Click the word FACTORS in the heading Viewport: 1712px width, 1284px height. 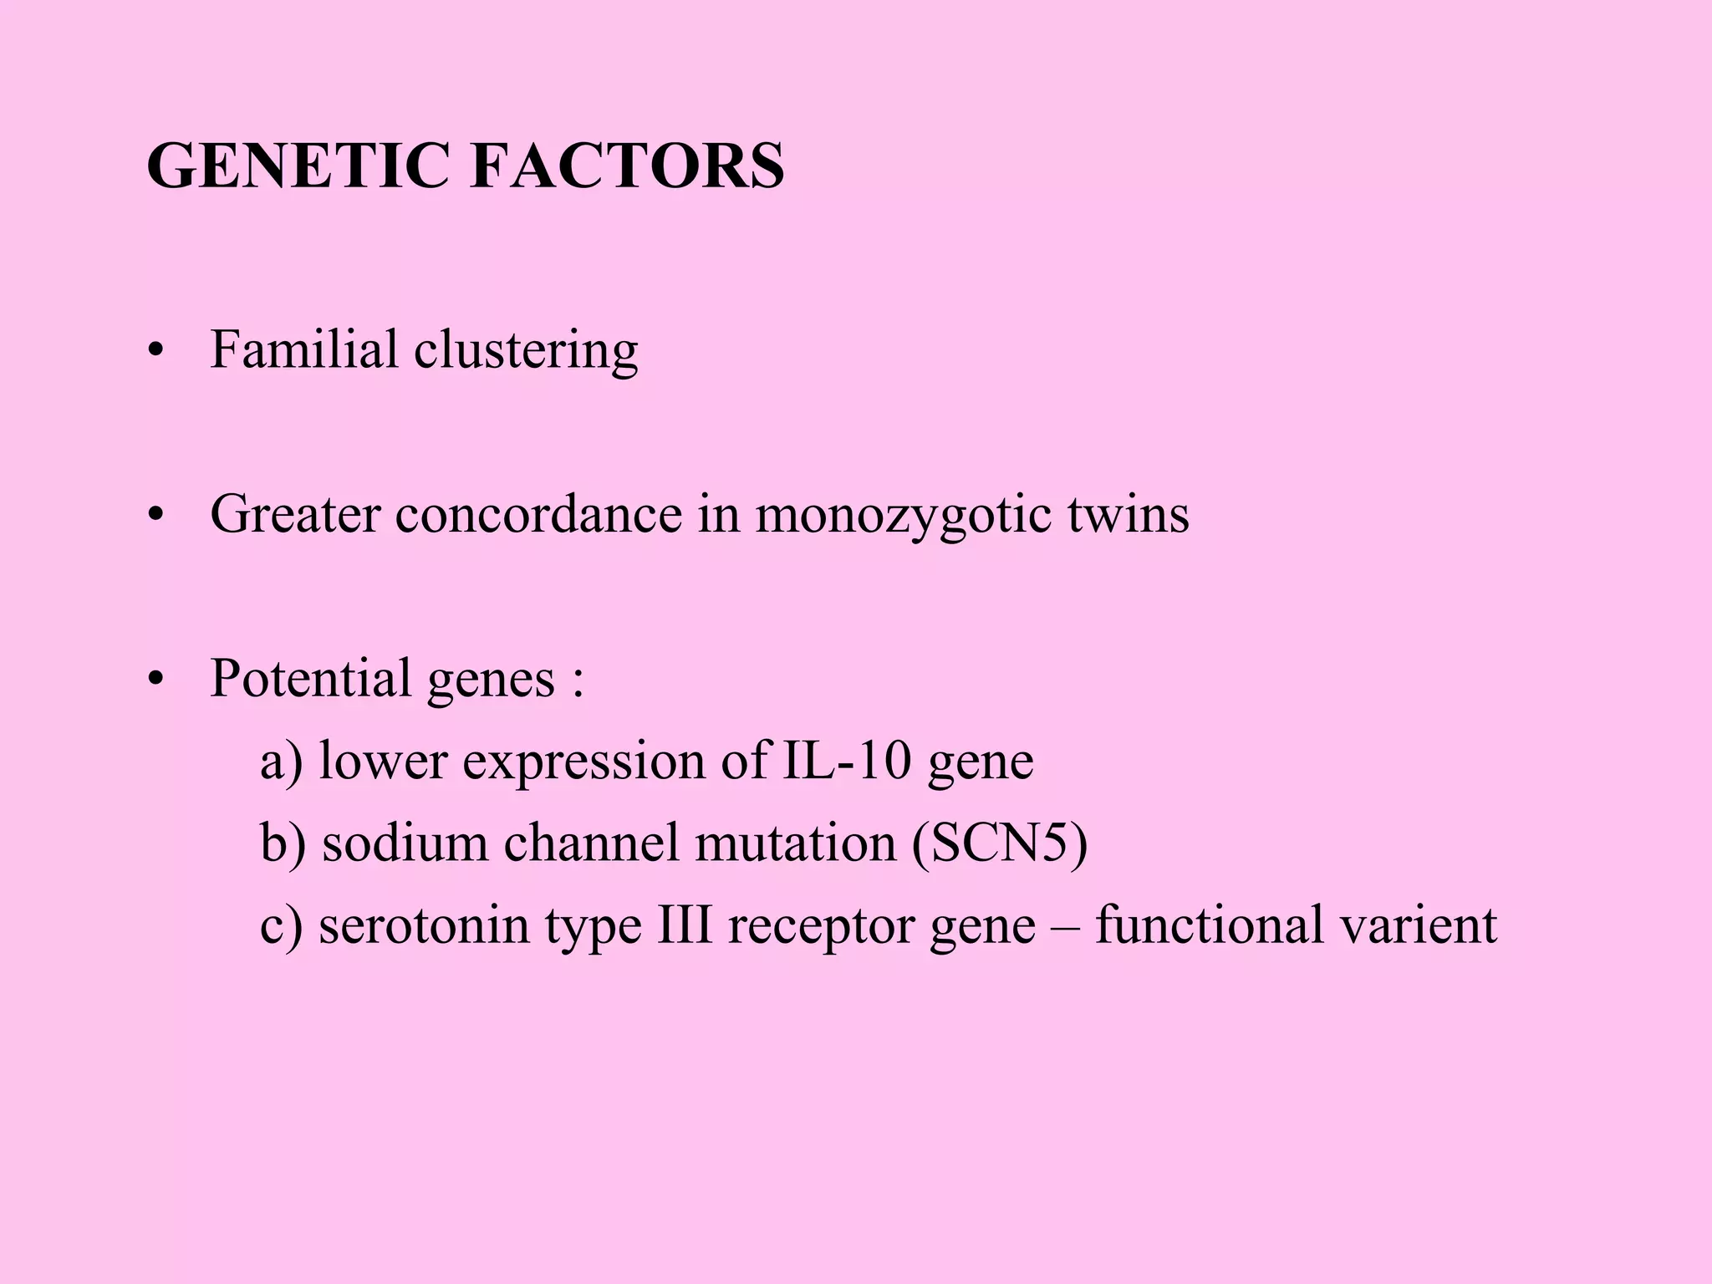click(627, 166)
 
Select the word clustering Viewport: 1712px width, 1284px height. click(526, 351)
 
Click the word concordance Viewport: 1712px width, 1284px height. click(538, 513)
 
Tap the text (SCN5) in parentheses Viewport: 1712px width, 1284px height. click(1000, 843)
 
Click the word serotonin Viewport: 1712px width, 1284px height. click(424, 925)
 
